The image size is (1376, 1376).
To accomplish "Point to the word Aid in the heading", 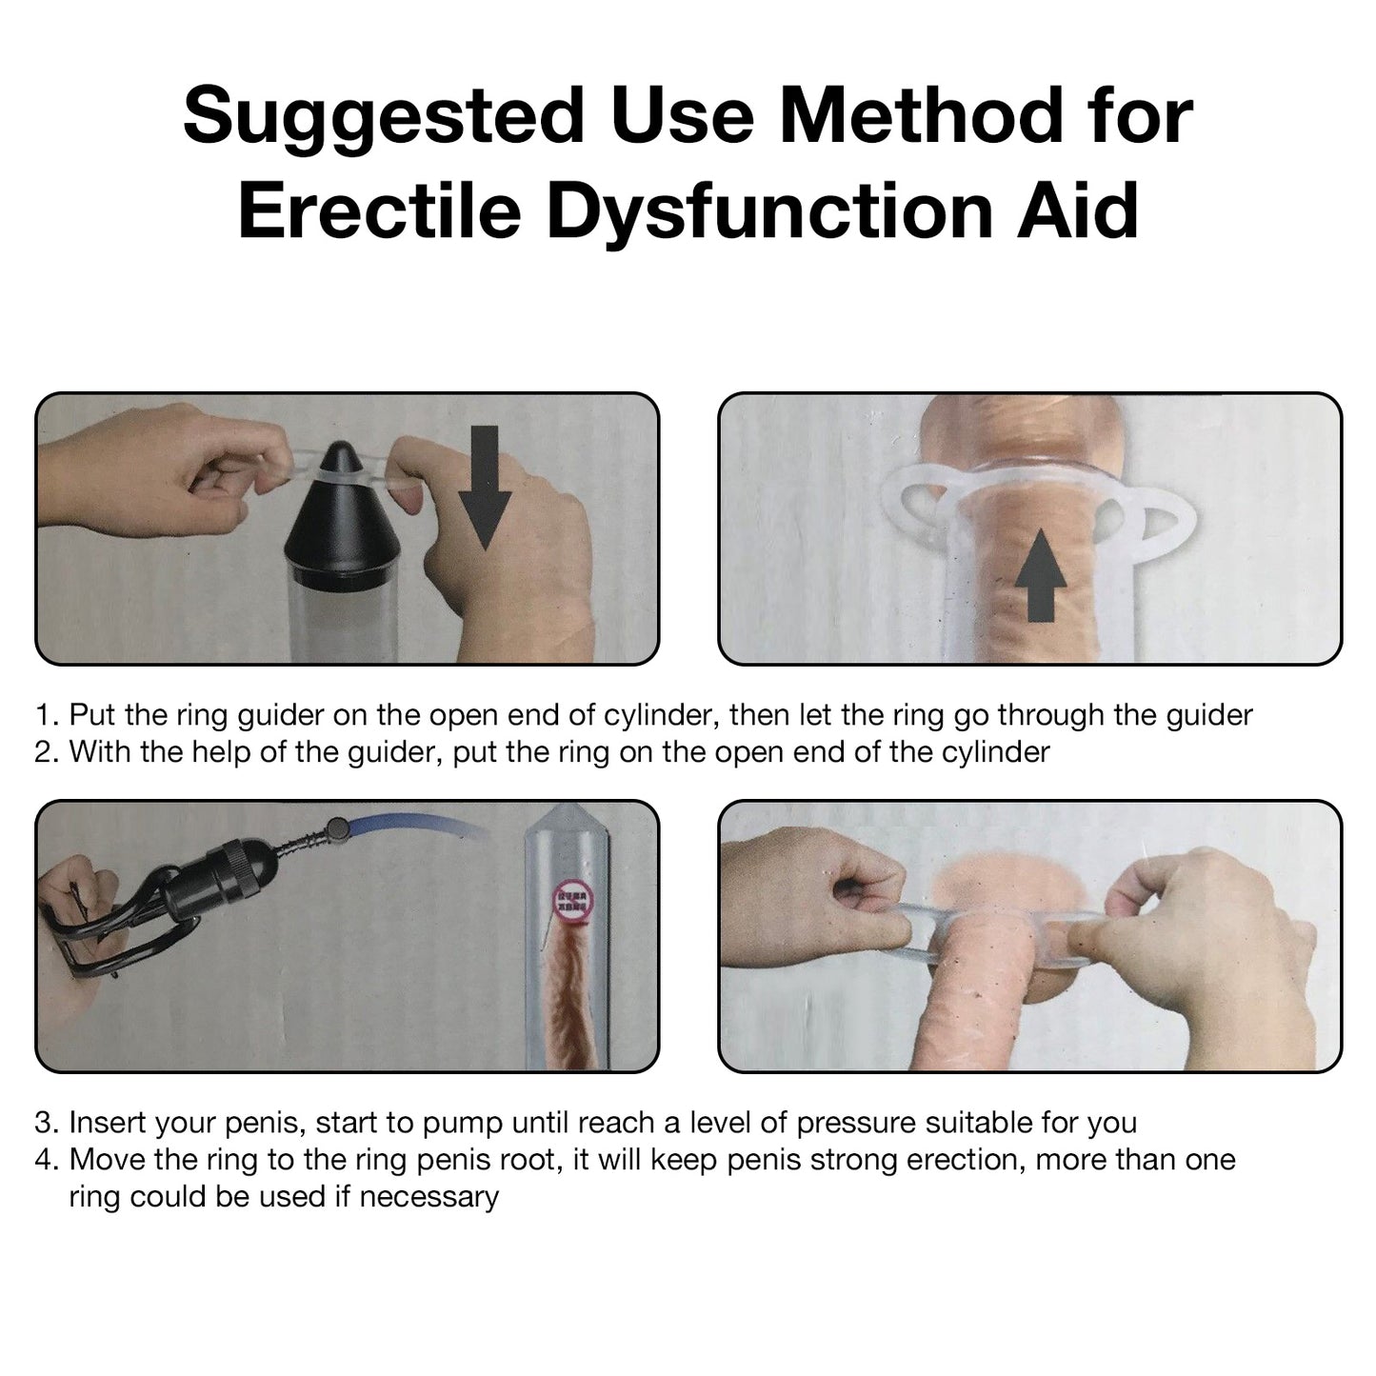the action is tap(1078, 209).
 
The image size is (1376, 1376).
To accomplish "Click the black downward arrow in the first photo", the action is tap(485, 488).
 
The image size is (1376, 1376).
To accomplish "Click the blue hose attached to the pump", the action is tap(414, 828).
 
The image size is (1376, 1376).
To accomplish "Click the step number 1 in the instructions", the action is tap(47, 715).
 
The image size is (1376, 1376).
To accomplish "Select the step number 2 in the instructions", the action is tap(47, 752).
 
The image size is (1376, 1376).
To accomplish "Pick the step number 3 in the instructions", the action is tap(47, 1124).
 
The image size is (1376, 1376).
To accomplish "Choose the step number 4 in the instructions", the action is tap(47, 1161).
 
